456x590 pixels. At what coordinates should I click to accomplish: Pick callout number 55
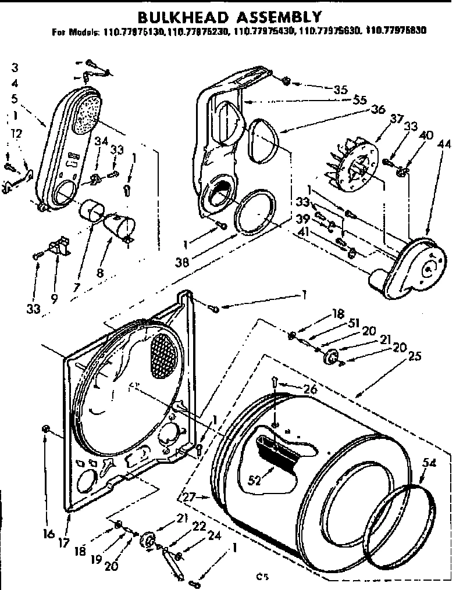coord(343,99)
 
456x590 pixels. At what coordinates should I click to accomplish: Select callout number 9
coord(54,299)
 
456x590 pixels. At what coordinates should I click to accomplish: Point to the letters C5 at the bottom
coord(262,578)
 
